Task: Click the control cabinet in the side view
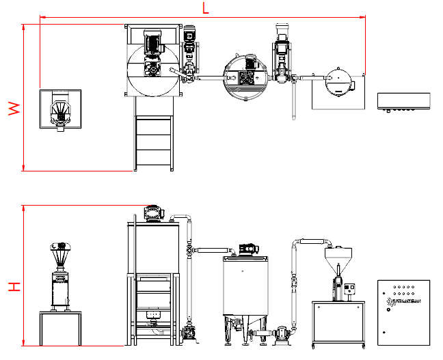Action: point(403,310)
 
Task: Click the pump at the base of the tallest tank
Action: point(189,334)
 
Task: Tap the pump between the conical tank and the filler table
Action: point(278,335)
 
